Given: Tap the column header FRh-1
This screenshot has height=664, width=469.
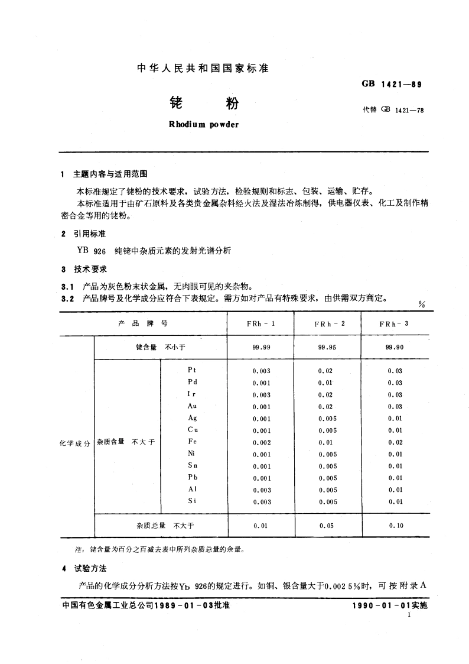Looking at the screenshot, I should pos(260,324).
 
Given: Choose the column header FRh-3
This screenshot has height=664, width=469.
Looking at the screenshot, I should pos(394,324).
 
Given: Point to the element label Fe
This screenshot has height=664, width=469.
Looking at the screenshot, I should pos(192,442).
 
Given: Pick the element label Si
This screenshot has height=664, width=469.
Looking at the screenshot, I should pos(192,501).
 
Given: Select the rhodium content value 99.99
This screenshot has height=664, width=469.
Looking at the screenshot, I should pos(260,347).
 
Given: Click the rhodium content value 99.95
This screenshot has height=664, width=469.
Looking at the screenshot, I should pos(327,347).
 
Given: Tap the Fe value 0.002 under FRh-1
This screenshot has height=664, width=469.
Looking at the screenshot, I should pos(260,442).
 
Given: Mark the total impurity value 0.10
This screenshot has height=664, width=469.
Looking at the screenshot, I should pos(395,525).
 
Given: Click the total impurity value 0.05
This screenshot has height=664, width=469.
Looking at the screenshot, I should pos(327,525).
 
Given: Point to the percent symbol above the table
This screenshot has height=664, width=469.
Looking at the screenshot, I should pos(422,305).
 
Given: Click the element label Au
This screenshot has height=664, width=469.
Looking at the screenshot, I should pos(192,406).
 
